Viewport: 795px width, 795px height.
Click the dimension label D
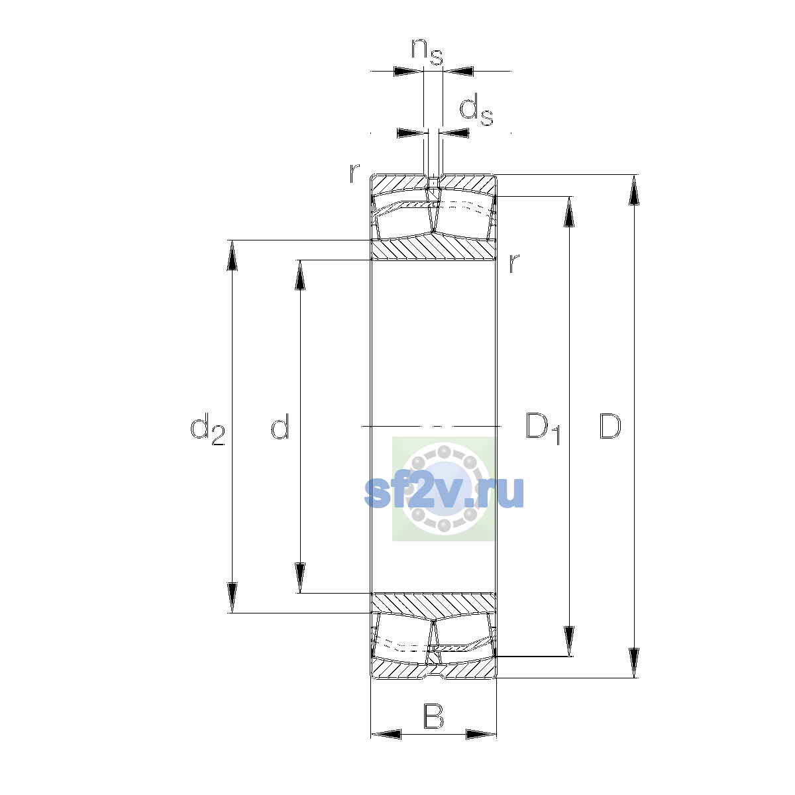tap(609, 426)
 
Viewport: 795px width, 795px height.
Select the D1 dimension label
tap(543, 428)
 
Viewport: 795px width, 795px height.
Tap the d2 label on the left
tap(207, 429)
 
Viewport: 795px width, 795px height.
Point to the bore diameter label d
tap(280, 426)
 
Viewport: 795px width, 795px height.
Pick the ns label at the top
tap(427, 52)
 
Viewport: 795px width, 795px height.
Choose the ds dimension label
tap(476, 109)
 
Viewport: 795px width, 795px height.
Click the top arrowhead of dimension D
tap(634, 189)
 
